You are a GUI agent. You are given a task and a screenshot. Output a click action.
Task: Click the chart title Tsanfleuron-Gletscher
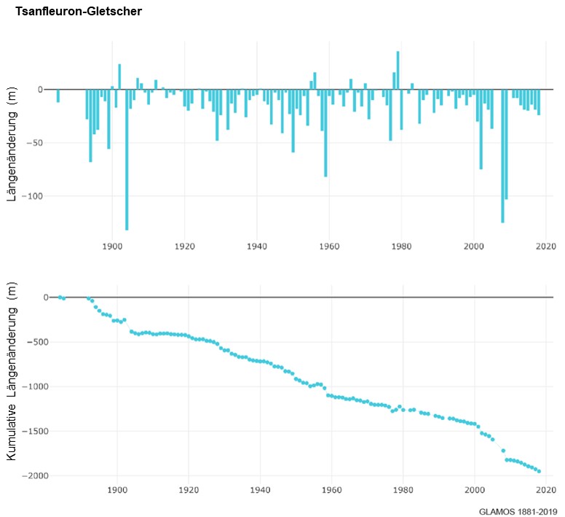pos(79,12)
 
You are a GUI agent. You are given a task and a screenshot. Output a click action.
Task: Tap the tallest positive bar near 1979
pos(398,70)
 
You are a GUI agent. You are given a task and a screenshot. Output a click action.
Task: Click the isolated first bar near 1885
pos(58,96)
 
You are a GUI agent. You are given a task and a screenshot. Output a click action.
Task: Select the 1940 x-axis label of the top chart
pos(256,246)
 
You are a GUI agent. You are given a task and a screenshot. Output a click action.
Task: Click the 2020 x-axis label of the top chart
pos(546,246)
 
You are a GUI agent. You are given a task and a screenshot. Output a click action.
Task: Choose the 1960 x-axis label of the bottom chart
pos(332,490)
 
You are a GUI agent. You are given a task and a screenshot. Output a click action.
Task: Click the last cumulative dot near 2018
pos(539,470)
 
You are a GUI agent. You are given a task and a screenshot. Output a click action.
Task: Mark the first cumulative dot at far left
pos(60,297)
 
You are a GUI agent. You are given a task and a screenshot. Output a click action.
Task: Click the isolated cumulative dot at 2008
pos(503,451)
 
